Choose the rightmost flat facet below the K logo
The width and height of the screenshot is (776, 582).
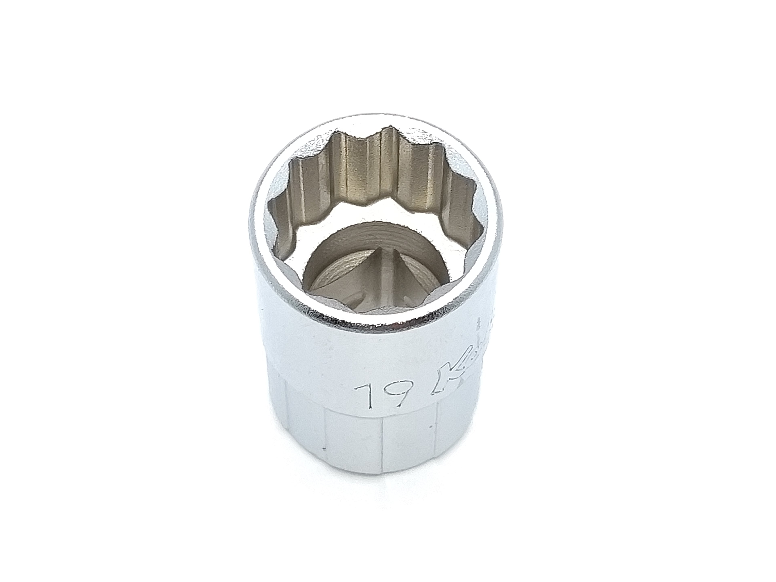pos(456,431)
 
